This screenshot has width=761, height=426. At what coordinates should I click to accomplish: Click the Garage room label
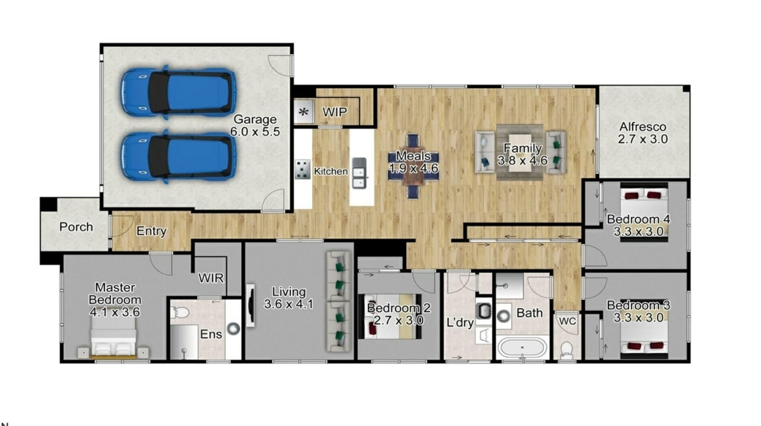tap(255, 119)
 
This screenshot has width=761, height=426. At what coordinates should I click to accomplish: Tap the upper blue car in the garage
tap(178, 92)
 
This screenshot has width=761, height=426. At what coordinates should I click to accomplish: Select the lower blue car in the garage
tap(178, 157)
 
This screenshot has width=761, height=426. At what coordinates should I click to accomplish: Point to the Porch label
tap(76, 227)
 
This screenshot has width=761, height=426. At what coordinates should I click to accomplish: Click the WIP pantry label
tap(335, 112)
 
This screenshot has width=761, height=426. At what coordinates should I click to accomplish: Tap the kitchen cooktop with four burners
tap(303, 169)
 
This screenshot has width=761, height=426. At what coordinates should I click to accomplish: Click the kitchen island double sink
tap(359, 173)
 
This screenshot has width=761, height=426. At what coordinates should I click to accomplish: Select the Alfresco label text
tap(642, 127)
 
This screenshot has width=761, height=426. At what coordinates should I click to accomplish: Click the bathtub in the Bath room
tap(522, 348)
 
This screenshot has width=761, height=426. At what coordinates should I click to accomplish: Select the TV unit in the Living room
tap(250, 305)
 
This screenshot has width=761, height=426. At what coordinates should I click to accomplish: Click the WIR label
tap(211, 278)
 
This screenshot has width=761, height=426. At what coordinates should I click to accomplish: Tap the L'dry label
tap(460, 323)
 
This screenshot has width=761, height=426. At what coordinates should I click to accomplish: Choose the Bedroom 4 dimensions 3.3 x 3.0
tap(639, 232)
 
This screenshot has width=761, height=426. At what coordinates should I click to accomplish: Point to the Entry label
tap(151, 231)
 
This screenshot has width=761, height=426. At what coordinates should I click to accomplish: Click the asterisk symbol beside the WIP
tap(303, 112)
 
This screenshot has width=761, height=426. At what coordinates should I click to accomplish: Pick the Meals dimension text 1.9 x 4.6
tap(413, 168)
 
